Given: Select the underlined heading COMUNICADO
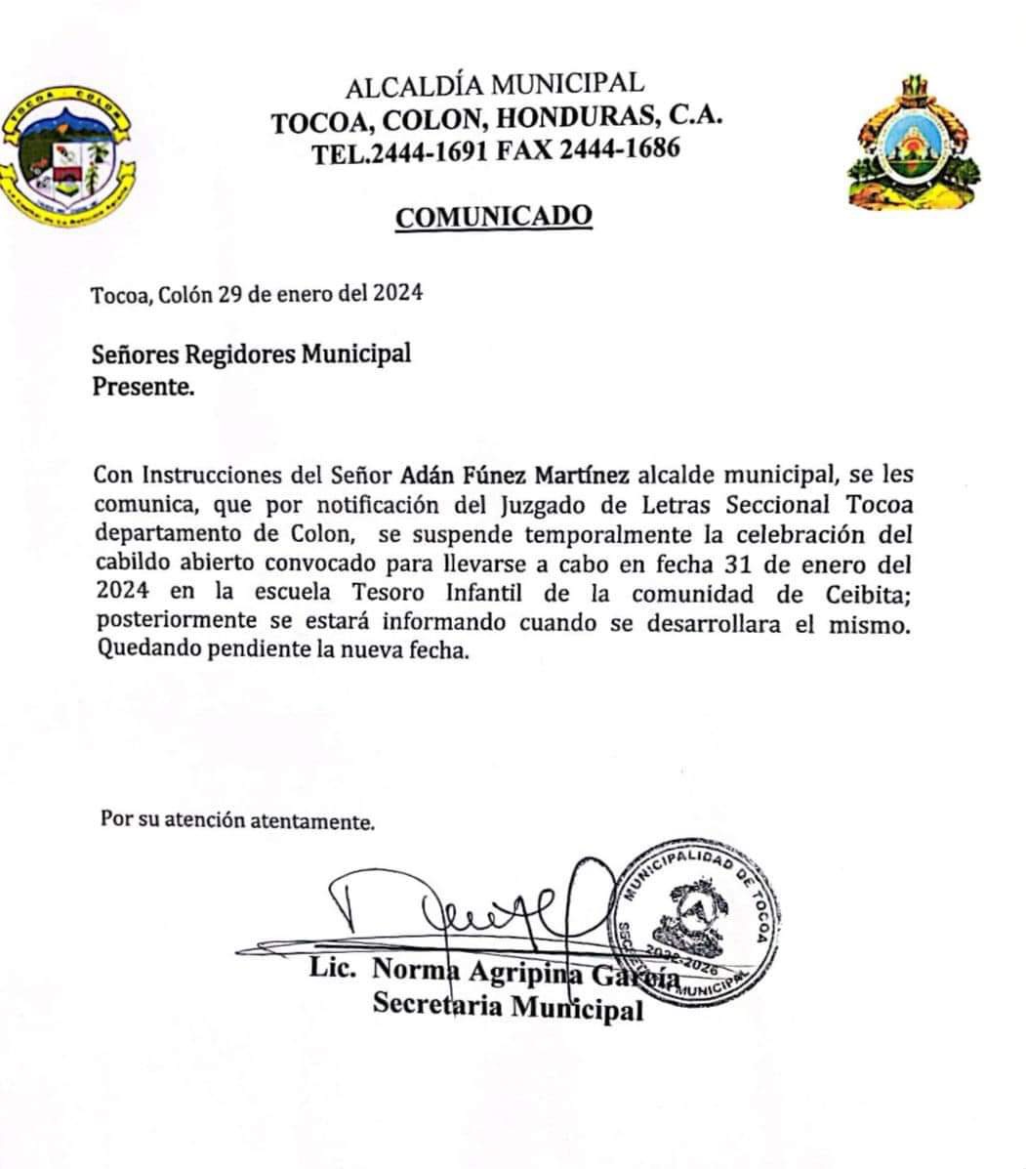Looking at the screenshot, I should [493, 215].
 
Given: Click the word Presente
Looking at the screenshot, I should [143, 386].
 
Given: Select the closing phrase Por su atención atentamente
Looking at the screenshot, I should [237, 820].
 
